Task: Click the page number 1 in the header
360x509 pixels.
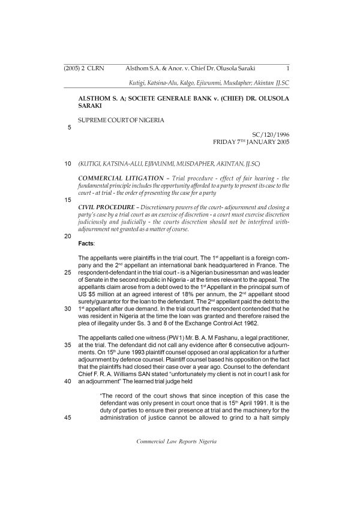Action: coord(289,68)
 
